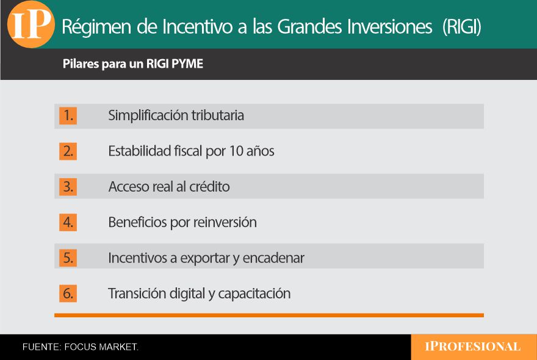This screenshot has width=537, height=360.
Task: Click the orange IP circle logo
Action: (31, 24)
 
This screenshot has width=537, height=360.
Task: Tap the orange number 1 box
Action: (68, 115)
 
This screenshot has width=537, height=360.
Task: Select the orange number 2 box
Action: (68, 151)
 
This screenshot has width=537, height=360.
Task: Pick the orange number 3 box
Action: (68, 187)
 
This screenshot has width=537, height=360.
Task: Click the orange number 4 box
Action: (68, 222)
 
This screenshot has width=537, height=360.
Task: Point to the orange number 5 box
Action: (68, 258)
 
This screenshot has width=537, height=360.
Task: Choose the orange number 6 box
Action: (68, 293)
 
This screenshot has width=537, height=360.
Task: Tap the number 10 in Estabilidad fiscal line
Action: (236, 151)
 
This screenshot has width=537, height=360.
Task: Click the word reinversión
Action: (225, 222)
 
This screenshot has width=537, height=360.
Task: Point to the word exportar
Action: (205, 258)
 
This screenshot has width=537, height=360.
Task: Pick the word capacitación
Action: (254, 294)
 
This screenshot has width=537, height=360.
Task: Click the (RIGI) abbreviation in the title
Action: (462, 27)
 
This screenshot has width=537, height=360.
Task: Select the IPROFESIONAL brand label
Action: (472, 347)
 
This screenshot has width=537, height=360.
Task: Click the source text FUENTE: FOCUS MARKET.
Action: (81, 347)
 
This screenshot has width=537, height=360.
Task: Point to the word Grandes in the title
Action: (309, 27)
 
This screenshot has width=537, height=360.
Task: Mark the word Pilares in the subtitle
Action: (81, 63)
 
